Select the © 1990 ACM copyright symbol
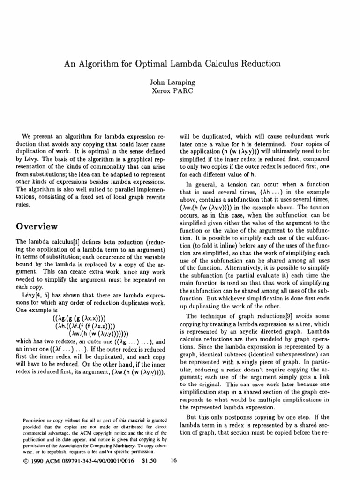click(x=25, y=461)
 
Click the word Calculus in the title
click(x=234, y=62)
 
